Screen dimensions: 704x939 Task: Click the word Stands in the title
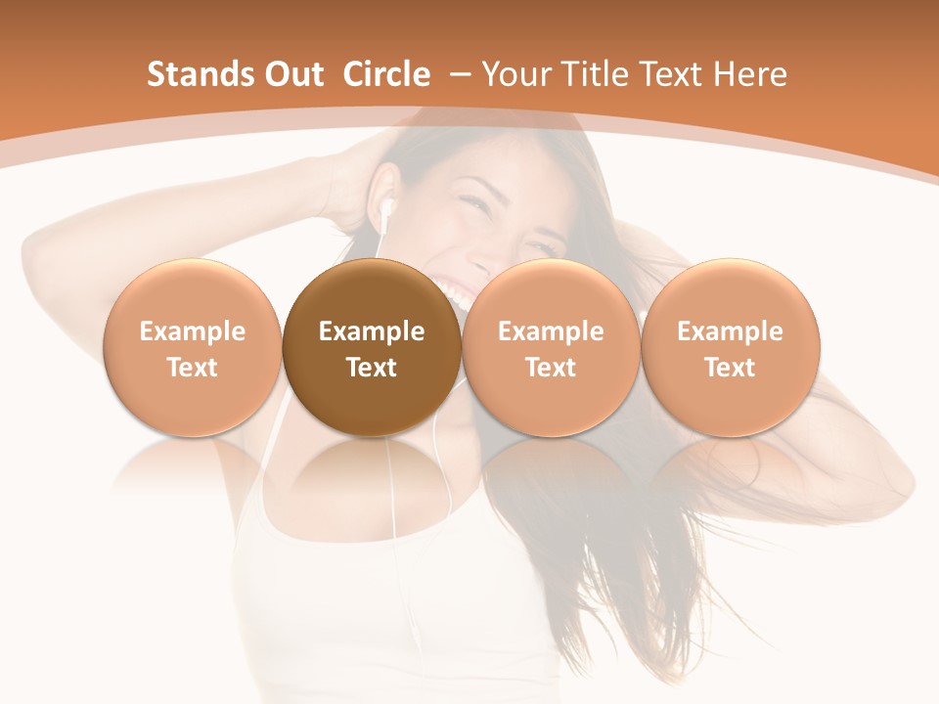195,74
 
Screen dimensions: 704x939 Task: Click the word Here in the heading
751,74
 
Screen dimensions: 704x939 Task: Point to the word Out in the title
291,74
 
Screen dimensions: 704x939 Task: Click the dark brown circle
372,347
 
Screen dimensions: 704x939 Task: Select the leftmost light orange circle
193,347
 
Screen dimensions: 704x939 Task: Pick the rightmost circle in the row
730,347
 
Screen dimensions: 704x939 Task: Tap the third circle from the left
551,347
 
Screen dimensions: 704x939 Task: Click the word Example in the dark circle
372,331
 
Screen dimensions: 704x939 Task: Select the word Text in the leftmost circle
193,368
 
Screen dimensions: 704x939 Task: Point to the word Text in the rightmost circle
730,368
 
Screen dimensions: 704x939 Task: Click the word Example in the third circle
551,331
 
